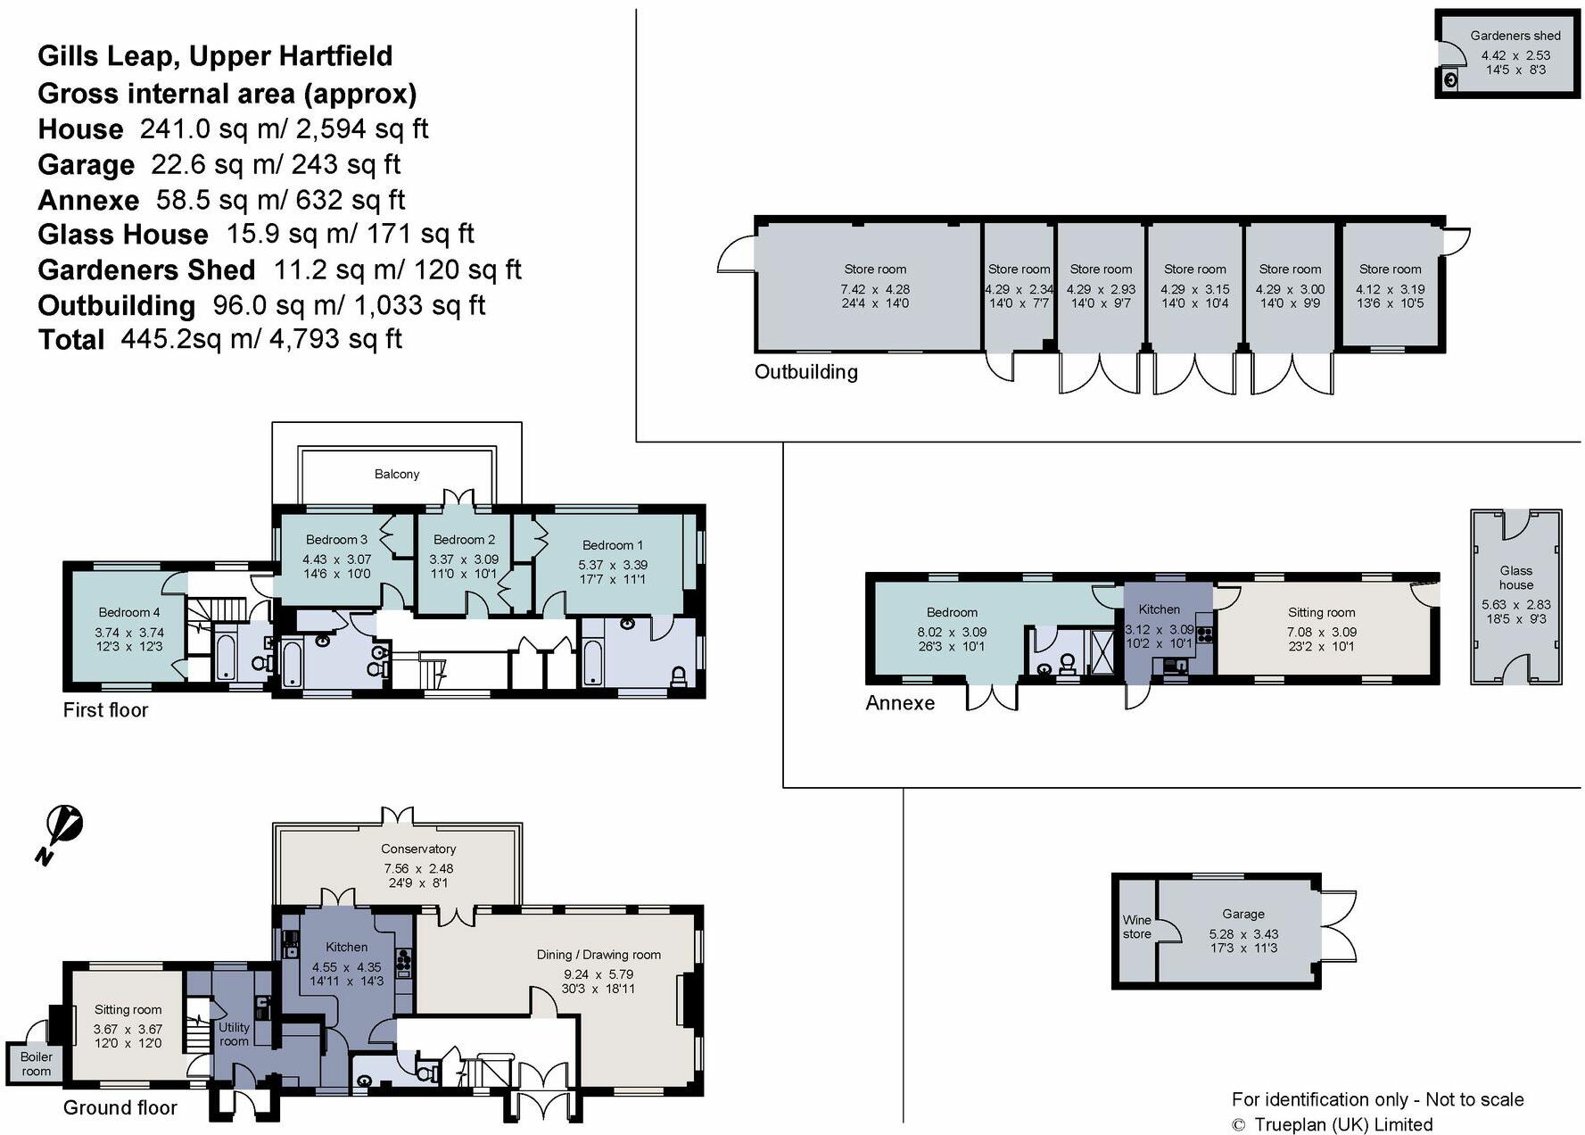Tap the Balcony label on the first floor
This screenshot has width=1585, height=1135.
pos(396,474)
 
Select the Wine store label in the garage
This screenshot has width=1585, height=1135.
pos(1136,926)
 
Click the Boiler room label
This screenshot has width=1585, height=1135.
pos(37,1064)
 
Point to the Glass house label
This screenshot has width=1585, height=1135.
pos(1515,577)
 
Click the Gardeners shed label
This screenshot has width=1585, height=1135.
pos(1515,36)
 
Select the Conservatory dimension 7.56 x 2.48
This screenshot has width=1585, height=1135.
pos(418,868)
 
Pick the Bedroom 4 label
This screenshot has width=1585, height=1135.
pos(129,612)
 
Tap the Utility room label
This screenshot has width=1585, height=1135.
pos(234,1034)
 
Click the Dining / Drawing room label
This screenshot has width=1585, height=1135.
pos(599,955)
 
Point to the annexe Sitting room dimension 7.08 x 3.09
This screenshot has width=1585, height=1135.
pos(1320,632)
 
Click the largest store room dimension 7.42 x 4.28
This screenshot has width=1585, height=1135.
pos(874,289)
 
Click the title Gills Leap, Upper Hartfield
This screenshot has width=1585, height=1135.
pos(215,55)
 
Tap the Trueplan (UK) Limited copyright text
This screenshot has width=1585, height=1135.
pos(1342,1124)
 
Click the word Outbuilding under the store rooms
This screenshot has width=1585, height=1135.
pos(805,372)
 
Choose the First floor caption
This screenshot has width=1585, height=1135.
pos(105,710)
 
